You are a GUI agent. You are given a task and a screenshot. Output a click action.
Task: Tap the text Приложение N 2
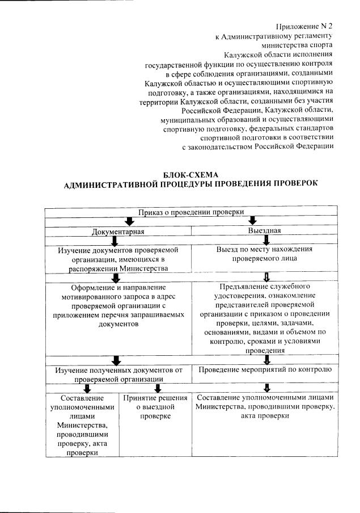pos(304,27)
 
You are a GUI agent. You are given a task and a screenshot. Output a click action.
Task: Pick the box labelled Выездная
pos(264,230)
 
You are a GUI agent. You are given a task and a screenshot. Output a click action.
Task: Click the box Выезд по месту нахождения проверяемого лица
pos(264,253)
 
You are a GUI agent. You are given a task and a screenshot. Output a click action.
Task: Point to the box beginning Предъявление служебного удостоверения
pos(264,318)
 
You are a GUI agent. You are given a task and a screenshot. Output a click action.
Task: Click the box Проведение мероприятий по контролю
pos(264,370)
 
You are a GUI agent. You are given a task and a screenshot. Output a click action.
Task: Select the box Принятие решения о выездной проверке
pos(155,407)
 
